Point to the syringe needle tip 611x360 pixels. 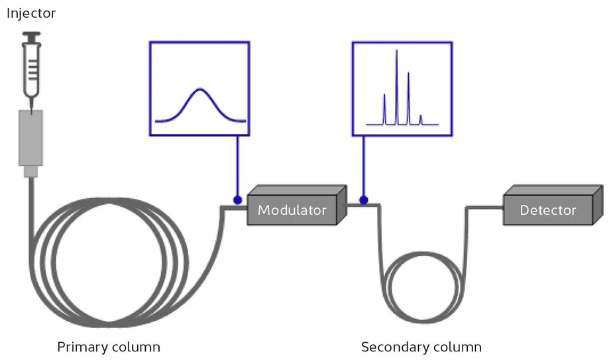click(30, 106)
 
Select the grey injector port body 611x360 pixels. click(30, 138)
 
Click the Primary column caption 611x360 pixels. click(109, 347)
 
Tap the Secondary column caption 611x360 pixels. click(421, 347)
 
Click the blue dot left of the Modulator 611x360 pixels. click(237, 200)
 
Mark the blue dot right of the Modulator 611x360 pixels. click(363, 200)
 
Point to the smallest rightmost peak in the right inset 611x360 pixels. click(420, 117)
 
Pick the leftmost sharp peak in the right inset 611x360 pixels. click(384, 95)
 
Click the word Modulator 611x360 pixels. click(292, 211)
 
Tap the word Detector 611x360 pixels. click(547, 211)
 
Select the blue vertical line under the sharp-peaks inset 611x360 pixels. click(363, 166)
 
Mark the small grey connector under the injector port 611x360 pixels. click(30, 172)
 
